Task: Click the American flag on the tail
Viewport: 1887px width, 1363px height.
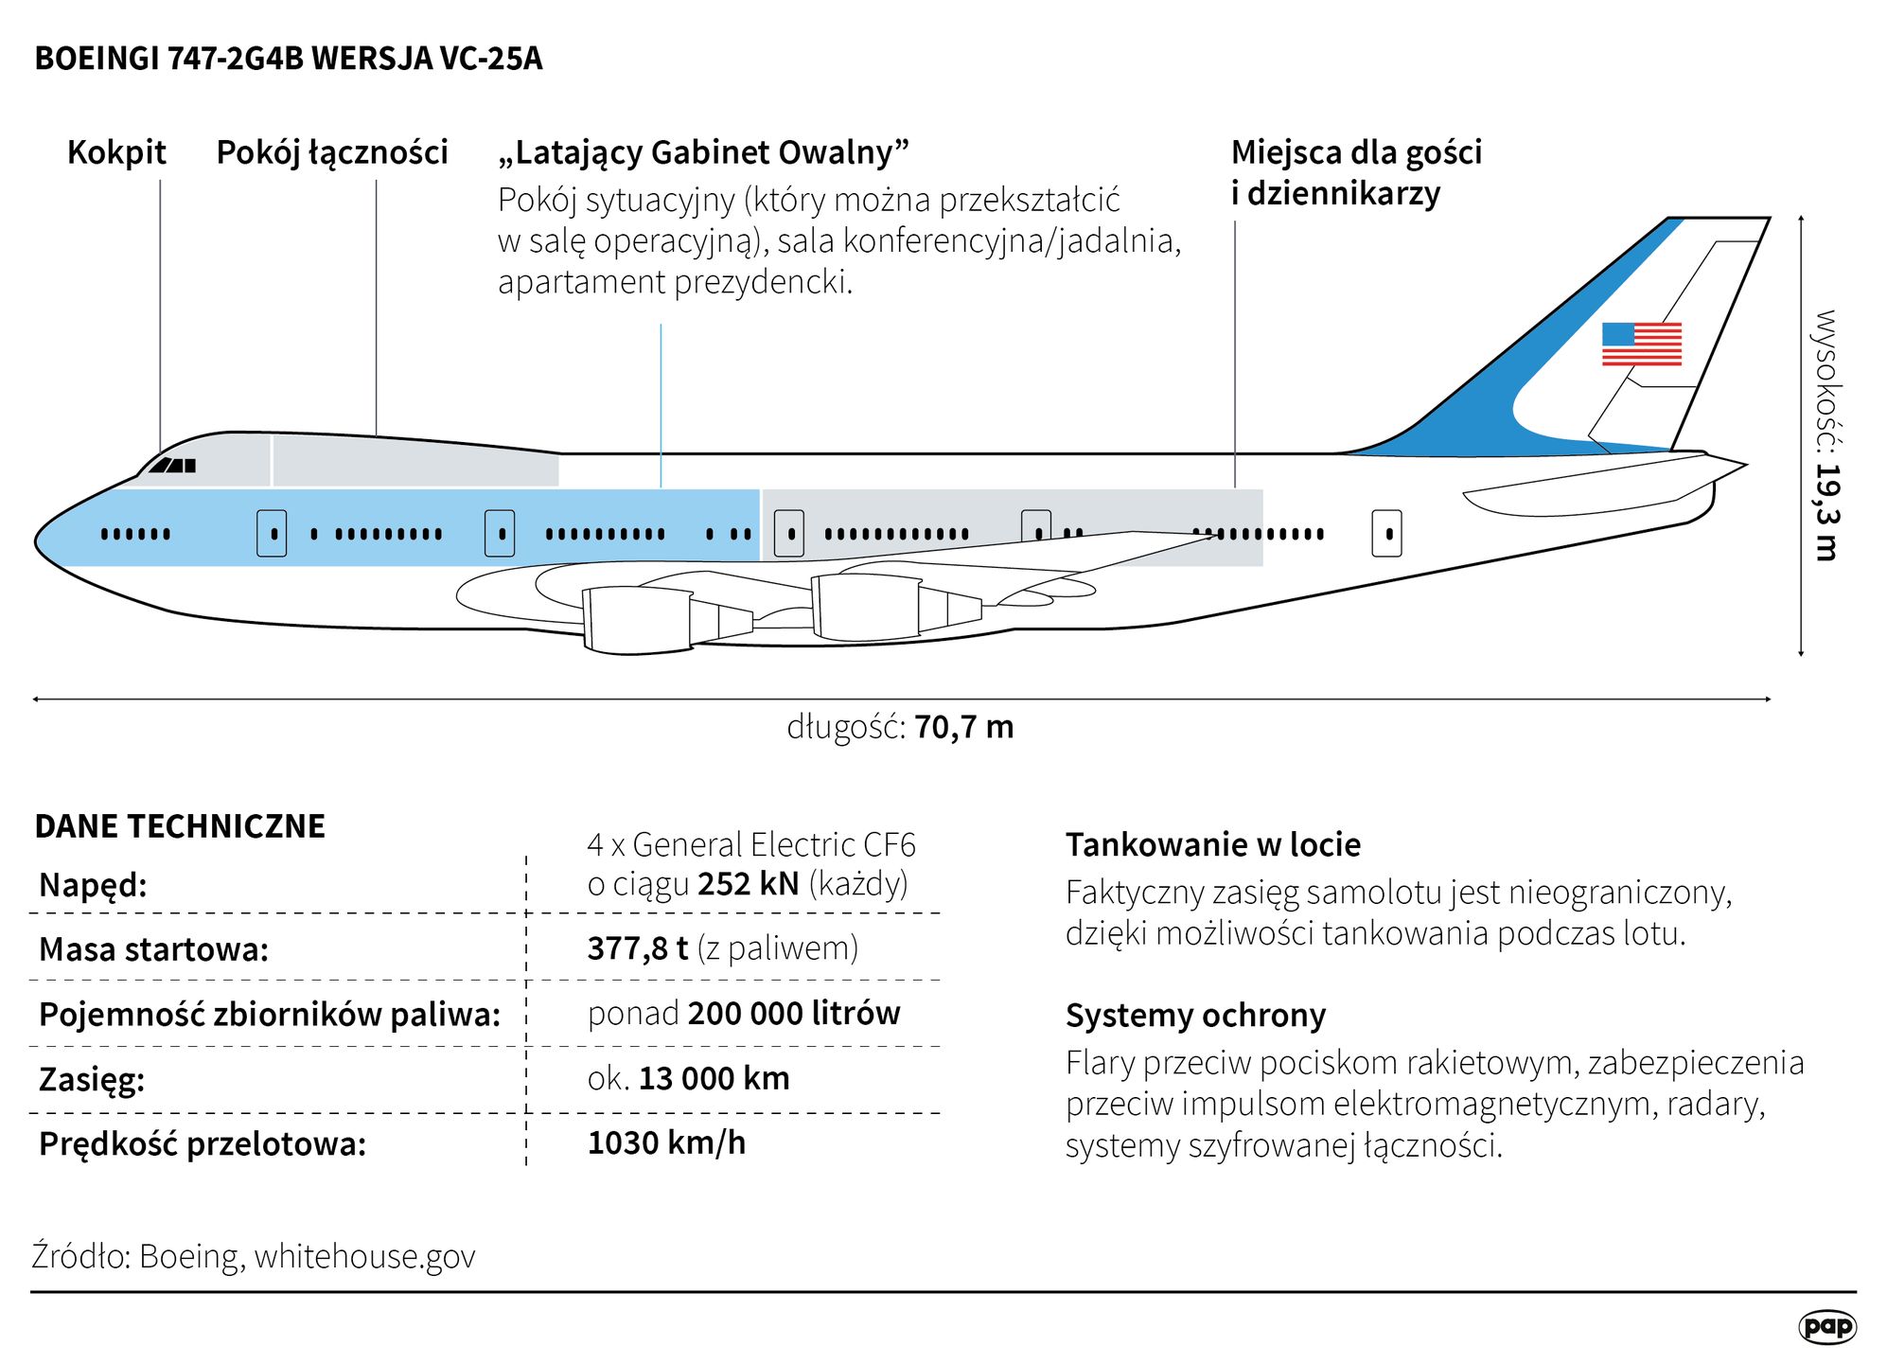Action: [1641, 344]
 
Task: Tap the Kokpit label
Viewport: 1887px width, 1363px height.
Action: [116, 152]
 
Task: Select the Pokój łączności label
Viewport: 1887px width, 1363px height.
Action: [332, 152]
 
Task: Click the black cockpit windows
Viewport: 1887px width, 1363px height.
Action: [173, 465]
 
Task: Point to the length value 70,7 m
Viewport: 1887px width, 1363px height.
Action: [963, 727]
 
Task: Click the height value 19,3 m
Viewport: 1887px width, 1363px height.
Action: [1825, 511]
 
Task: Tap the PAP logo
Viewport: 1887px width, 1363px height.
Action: [1826, 1326]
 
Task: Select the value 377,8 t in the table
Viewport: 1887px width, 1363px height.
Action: [637, 947]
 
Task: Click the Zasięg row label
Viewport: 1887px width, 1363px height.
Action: [92, 1079]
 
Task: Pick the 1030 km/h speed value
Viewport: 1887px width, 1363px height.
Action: [666, 1142]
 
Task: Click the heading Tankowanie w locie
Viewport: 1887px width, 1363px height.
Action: [1212, 844]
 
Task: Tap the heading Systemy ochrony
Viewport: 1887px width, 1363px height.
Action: [1195, 1015]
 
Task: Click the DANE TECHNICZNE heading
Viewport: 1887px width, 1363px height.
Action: [180, 826]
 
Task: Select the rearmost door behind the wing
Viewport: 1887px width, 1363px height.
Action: [1386, 533]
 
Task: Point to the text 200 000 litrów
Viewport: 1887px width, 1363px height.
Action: [793, 1013]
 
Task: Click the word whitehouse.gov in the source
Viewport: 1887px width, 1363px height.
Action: [364, 1256]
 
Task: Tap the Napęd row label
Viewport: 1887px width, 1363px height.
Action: [93, 885]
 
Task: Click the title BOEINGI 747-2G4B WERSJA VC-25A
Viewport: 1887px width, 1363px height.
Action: [289, 59]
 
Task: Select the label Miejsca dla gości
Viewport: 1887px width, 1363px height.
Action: [1355, 152]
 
